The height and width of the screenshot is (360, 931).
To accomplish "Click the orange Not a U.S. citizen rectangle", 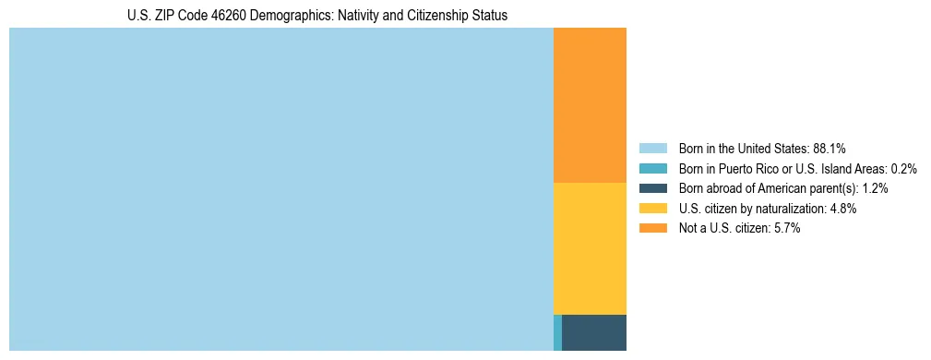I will click(590, 105).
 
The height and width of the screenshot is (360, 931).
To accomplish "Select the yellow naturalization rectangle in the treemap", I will click(590, 248).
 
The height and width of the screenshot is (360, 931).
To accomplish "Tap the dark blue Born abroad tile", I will click(593, 332).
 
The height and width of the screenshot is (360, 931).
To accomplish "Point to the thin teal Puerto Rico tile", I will click(557, 332).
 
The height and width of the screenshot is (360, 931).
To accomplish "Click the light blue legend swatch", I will click(652, 149).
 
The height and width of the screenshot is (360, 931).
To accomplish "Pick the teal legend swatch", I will click(652, 169).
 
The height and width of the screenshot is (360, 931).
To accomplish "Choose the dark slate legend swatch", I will click(652, 188).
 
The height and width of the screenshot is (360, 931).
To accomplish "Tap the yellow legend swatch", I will click(652, 209).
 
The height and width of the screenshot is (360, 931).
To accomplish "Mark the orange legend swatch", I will click(652, 229).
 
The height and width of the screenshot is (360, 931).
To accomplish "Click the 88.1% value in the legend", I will click(830, 149).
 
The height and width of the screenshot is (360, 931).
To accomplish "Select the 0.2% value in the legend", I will click(904, 169).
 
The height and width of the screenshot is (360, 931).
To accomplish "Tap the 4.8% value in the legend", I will click(843, 209).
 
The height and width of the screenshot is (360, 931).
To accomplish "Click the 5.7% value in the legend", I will click(787, 229).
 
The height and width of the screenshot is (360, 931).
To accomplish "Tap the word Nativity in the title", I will click(355, 16).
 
